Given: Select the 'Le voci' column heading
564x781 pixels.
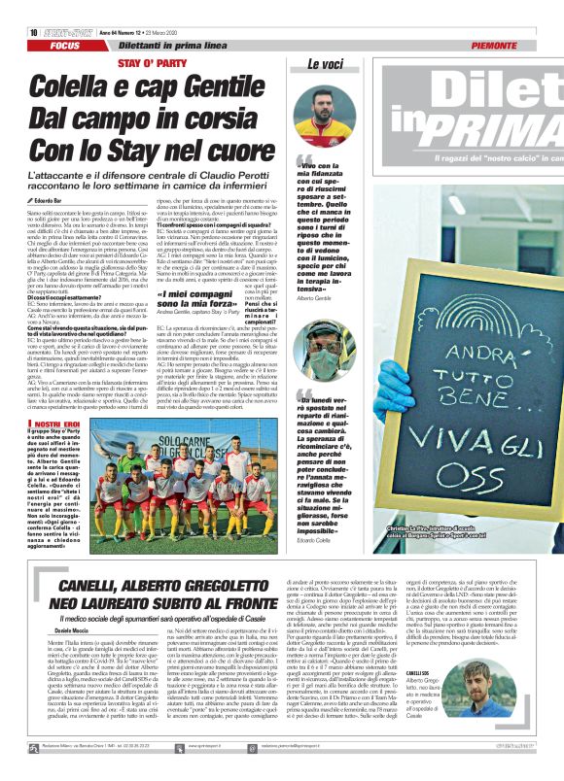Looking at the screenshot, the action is tap(326, 64).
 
